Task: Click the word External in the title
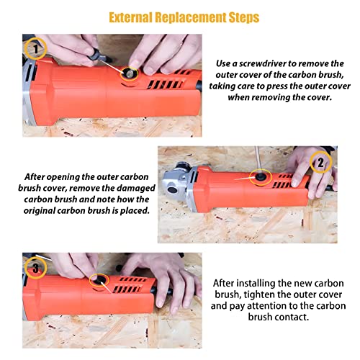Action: (x=130, y=17)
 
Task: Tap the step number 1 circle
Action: (x=35, y=49)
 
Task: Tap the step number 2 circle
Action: (x=321, y=162)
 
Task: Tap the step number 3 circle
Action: (x=35, y=268)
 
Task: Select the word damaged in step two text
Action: (x=137, y=188)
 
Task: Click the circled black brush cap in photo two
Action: (x=260, y=177)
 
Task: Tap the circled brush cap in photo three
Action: (x=99, y=280)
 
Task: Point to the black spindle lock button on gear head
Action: (x=173, y=190)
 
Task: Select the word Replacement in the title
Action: (x=190, y=18)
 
